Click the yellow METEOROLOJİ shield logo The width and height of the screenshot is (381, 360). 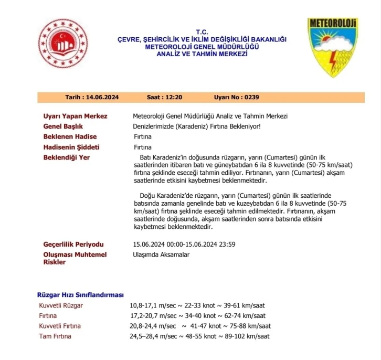tap(332, 47)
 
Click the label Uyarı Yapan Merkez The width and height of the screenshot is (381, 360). tap(75, 116)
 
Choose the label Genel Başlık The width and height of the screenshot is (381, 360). tap(63, 126)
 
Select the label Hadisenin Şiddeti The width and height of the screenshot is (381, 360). tap(71, 147)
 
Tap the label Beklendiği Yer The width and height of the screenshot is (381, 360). tap(67, 157)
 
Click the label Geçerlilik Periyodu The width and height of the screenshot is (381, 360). tap(73, 245)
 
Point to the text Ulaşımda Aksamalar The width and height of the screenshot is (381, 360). tap(161, 255)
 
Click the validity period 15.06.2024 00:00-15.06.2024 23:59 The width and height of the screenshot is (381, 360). tap(184, 245)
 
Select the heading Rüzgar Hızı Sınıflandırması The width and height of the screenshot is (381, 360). tap(80, 294)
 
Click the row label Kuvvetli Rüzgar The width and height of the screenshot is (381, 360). tap(61, 305)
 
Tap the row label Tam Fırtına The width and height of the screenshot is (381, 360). tap(55, 336)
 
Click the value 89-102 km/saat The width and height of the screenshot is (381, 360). tap(247, 336)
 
